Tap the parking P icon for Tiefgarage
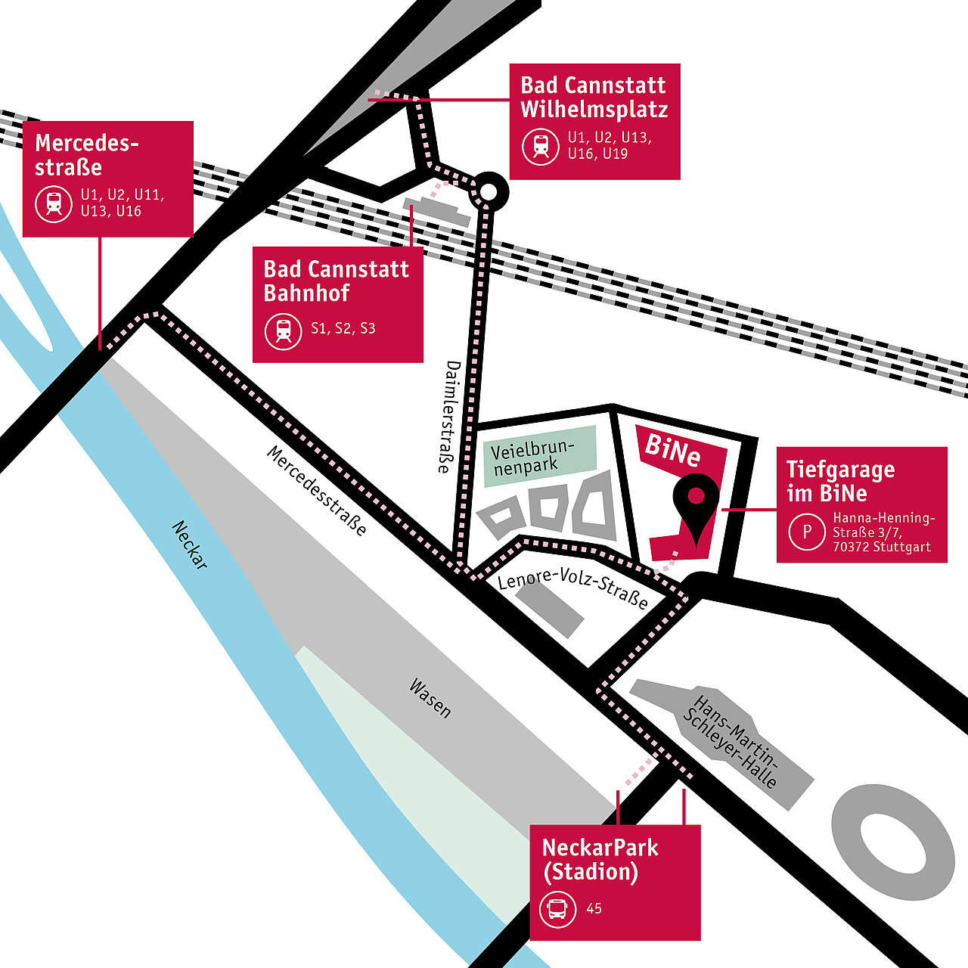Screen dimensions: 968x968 pos(807,532)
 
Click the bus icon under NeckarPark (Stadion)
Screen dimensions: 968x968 pos(558,908)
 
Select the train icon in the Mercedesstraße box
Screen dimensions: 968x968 pos(54,203)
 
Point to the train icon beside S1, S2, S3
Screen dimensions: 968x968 pos(284,330)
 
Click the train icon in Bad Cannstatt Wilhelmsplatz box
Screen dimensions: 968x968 pos(541,145)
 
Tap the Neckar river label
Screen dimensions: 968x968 pos(190,544)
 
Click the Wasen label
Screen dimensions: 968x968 pos(430,698)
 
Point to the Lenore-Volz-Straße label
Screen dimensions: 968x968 pos(572,589)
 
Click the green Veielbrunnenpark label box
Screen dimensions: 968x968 pos(539,455)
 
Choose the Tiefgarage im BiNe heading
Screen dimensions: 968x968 pos(839,481)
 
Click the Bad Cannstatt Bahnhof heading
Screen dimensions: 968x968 pos(336,281)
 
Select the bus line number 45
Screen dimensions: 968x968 pos(594,908)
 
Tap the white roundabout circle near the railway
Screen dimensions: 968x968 pos(489,193)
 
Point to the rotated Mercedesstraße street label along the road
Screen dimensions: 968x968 pos(317,491)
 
